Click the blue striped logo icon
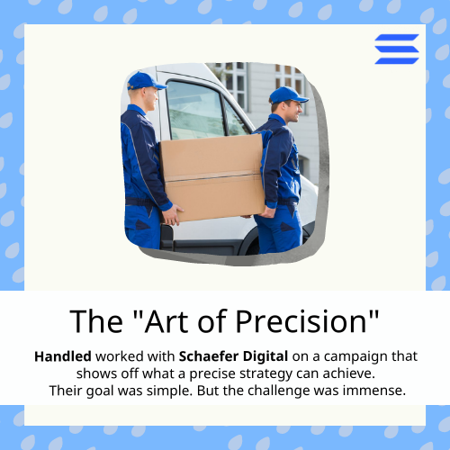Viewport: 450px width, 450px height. pyautogui.click(x=397, y=49)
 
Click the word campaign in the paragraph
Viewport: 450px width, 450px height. pyautogui.click(x=362, y=356)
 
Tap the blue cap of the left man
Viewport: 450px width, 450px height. pyautogui.click(x=144, y=81)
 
